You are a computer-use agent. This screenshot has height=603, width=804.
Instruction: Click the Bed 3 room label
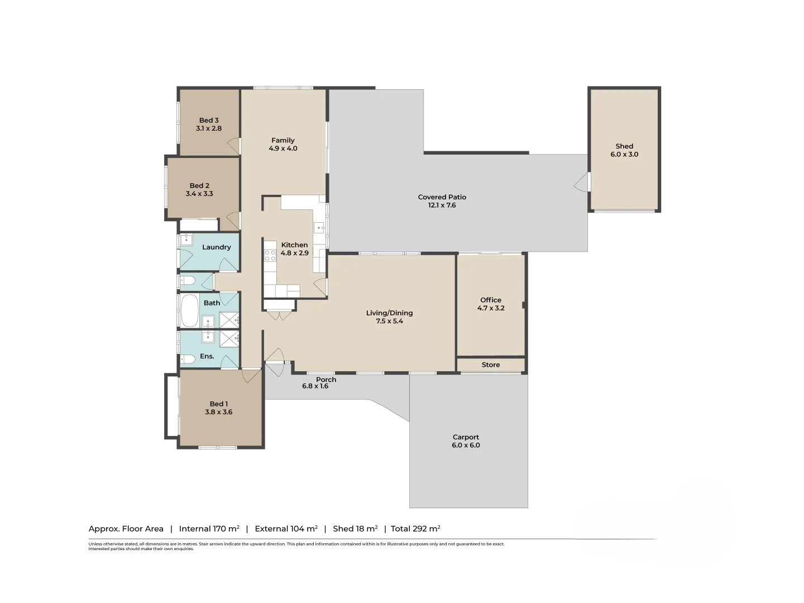point(209,120)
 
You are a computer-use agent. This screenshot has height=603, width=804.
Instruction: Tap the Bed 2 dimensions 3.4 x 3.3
point(199,194)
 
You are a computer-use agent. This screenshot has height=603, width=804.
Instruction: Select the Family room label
point(283,140)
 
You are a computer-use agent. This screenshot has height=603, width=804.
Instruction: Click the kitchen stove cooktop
point(270,255)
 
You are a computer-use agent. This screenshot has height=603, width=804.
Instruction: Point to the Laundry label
point(216,247)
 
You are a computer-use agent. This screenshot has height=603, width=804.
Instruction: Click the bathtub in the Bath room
point(189,311)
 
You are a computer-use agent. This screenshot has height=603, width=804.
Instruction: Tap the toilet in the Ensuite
point(188,358)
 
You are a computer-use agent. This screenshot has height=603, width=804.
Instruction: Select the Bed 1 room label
point(218,404)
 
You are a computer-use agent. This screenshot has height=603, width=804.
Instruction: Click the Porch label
point(326,380)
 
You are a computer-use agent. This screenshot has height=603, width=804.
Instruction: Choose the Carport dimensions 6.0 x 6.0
point(466,445)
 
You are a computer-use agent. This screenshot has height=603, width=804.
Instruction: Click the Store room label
point(491,365)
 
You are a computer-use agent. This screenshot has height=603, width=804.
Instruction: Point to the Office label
point(491,300)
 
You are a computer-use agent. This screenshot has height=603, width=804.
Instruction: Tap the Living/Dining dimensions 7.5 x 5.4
point(389,321)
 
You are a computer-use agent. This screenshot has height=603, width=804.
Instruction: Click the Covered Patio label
point(442,197)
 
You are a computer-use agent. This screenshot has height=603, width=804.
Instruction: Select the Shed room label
point(624,146)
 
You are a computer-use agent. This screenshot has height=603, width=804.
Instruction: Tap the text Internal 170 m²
point(209,529)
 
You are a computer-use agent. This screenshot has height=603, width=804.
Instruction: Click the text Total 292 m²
point(415,529)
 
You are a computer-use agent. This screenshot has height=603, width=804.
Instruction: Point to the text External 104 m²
point(286,529)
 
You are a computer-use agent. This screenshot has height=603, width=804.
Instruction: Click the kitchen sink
point(319,227)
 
